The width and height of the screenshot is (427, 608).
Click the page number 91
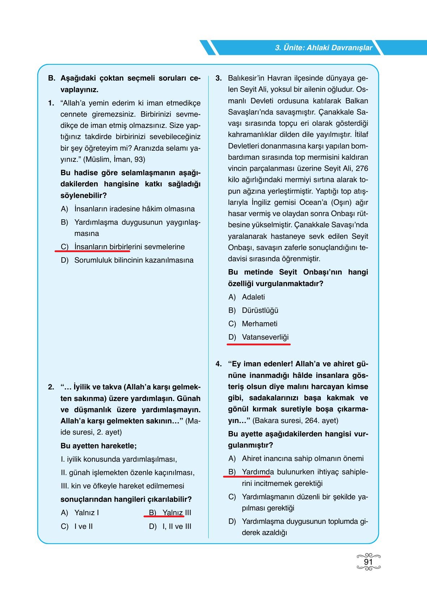368,562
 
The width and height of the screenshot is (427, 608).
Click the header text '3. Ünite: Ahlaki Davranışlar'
323,48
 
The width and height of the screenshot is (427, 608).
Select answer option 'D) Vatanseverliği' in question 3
259,337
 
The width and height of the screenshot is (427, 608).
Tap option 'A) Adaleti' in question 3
247,297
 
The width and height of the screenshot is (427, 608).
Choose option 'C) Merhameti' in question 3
253,324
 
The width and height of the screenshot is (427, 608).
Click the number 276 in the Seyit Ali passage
362,168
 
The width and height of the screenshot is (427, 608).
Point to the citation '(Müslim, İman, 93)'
114,159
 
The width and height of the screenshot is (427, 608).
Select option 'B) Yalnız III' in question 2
170,513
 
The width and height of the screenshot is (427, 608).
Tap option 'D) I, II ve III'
170,526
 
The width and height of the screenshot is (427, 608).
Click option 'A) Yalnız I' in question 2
80,513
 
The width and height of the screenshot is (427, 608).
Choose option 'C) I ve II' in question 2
77,526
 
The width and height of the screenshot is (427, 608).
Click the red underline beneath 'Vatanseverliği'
259,345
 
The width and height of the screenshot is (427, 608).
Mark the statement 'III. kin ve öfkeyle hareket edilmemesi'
122,486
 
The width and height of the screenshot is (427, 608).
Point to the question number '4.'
218,364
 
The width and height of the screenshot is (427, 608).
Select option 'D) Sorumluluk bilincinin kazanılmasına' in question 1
127,260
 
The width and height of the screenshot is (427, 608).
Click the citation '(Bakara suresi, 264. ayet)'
295,421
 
